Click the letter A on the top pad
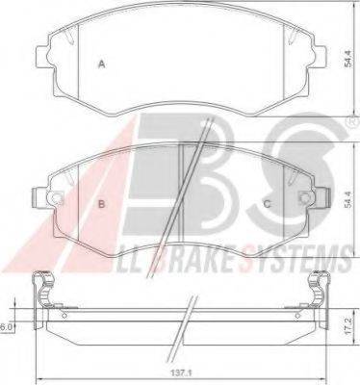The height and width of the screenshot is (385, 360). pyautogui.click(x=102, y=64)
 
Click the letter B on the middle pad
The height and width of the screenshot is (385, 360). pyautogui.click(x=102, y=204)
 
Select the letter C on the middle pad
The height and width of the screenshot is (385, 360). pyautogui.click(x=267, y=204)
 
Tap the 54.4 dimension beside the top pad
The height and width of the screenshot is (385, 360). pyautogui.click(x=347, y=59)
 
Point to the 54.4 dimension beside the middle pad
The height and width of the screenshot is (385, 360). pyautogui.click(x=347, y=199)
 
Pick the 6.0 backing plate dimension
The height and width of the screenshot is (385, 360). pyautogui.click(x=6, y=327)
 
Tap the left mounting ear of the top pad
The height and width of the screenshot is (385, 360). pyautogui.click(x=41, y=57)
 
